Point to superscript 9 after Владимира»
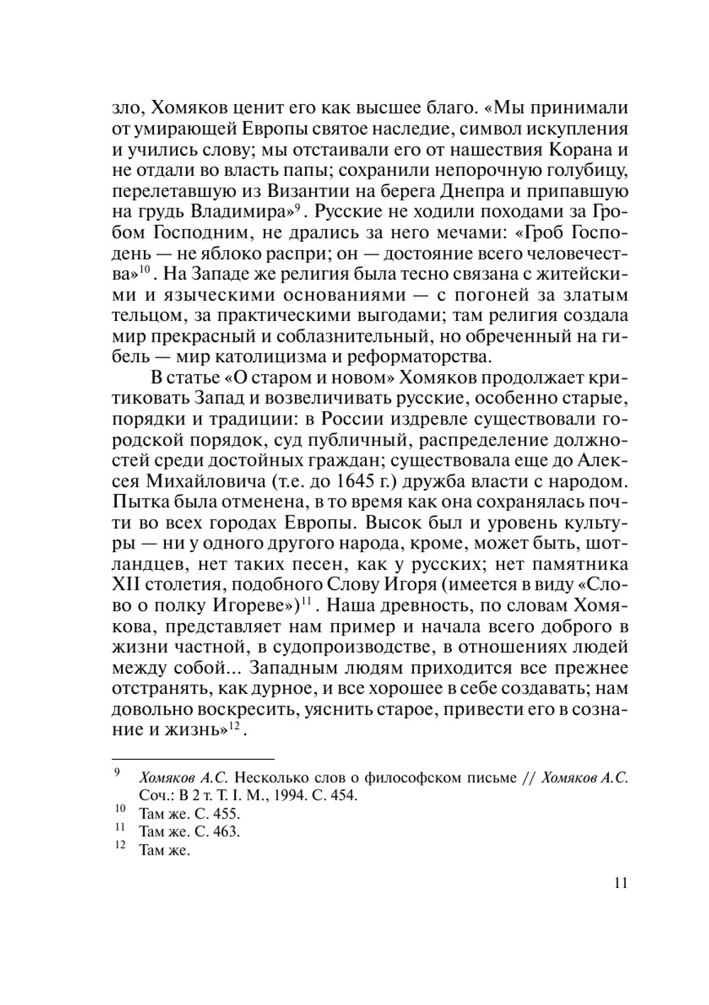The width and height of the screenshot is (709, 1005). click(298, 208)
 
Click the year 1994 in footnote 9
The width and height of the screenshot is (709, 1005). click(270, 795)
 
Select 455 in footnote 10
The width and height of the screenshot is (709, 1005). click(227, 814)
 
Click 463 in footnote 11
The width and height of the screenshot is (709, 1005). click(227, 832)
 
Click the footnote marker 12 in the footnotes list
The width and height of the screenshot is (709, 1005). click(119, 846)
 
